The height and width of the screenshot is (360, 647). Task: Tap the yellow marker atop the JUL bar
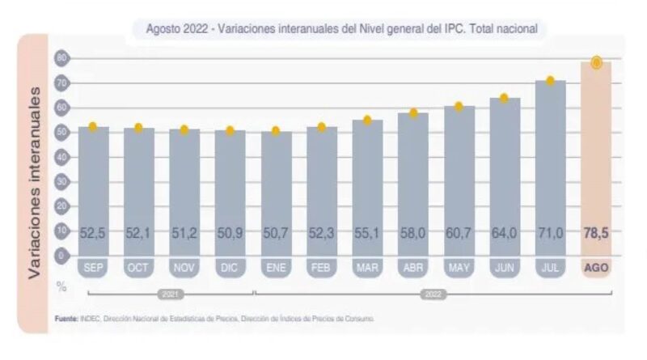click(550, 81)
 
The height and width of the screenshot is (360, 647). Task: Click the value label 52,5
click(93, 233)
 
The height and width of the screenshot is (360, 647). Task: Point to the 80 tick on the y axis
click(61, 58)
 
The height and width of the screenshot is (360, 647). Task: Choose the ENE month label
click(276, 268)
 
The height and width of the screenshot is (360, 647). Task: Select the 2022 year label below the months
click(433, 294)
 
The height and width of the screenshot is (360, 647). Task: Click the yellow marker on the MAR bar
click(366, 121)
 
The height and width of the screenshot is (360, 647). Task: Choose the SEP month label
click(93, 268)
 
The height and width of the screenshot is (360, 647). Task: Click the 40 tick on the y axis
click(61, 157)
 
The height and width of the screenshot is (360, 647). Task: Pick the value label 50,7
click(276, 233)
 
